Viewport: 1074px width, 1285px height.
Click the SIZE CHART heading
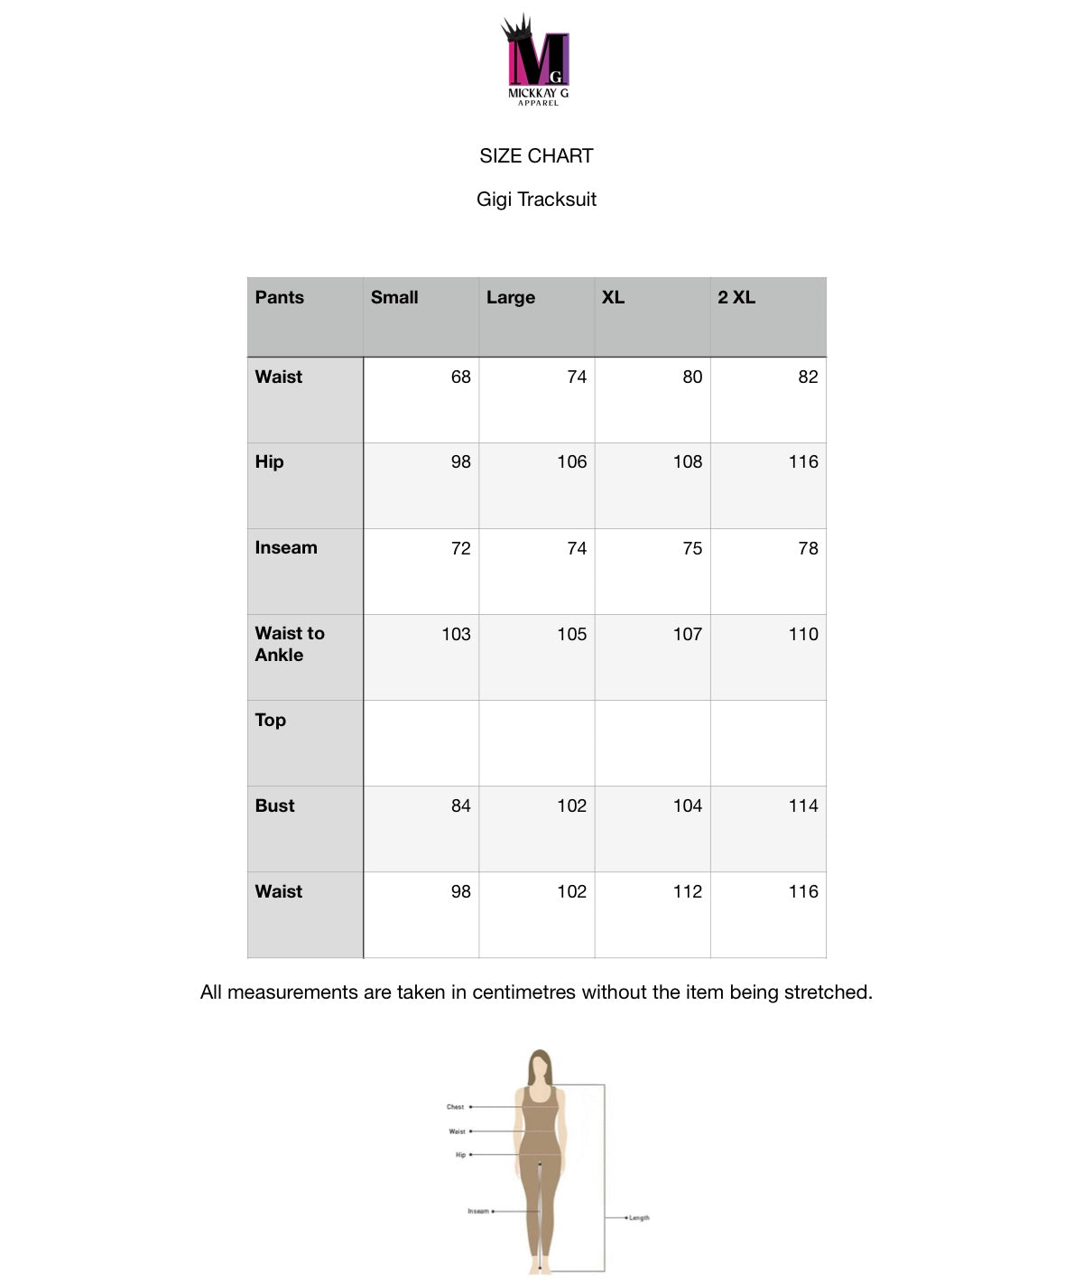[536, 156]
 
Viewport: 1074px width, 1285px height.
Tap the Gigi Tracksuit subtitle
[536, 200]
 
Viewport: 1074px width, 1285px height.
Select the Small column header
[394, 298]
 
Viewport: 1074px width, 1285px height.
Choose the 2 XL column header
[736, 298]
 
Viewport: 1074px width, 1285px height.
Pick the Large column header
[511, 298]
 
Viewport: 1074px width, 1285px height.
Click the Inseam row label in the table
[286, 548]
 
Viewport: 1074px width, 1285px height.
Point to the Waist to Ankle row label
[290, 644]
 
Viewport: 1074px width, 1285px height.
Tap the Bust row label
[275, 806]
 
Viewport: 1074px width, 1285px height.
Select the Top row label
[271, 721]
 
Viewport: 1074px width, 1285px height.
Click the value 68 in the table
[460, 377]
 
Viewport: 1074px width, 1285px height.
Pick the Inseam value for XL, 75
[692, 549]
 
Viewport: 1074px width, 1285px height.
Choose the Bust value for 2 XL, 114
[803, 806]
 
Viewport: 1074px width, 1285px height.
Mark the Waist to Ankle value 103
[456, 635]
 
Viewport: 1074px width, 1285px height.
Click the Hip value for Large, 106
[571, 462]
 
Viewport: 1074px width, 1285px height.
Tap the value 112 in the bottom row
[687, 892]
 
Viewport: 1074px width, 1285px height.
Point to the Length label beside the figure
[639, 1218]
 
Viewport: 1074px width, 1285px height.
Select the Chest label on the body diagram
[455, 1107]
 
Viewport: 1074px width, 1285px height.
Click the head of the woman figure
[540, 1067]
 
